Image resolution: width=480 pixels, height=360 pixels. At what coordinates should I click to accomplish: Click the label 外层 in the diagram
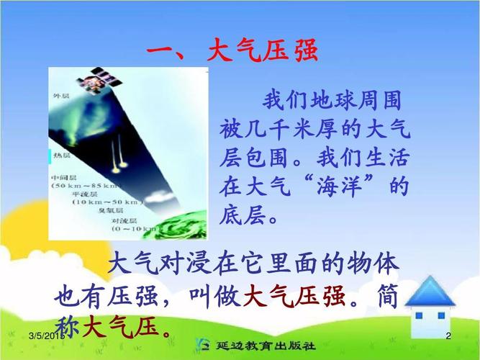coord(61,95)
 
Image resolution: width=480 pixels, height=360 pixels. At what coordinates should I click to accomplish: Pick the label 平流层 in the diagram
coord(86,195)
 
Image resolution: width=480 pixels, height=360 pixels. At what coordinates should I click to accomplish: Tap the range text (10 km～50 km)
coord(108,204)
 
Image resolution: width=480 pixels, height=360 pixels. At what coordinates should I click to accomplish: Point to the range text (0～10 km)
coord(133,230)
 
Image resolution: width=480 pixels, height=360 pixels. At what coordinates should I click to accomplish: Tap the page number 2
coord(448,337)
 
